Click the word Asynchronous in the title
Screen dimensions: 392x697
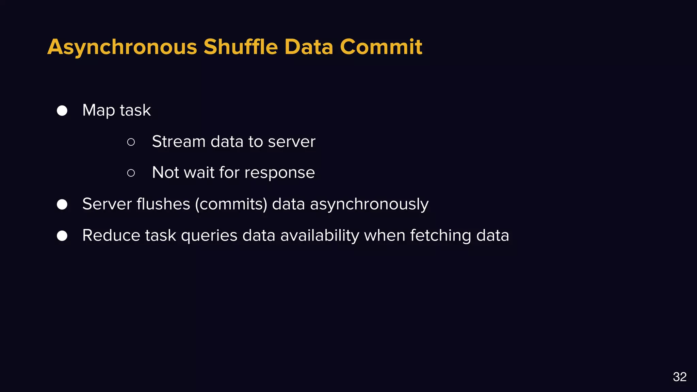(x=122, y=47)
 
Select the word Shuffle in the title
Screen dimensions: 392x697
(x=241, y=47)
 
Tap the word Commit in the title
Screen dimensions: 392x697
(x=381, y=47)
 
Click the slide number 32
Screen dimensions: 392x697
(x=680, y=377)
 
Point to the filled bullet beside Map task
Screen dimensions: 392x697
(x=62, y=111)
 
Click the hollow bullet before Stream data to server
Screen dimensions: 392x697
(x=131, y=142)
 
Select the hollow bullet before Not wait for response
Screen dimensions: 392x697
(x=131, y=173)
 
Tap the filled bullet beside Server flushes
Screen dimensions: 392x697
(x=62, y=205)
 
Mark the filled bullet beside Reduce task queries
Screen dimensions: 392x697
(x=62, y=235)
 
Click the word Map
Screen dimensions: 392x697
(x=99, y=111)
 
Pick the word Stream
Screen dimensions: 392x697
(x=179, y=142)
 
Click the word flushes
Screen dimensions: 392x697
(x=163, y=204)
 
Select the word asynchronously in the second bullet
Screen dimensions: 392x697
(x=369, y=204)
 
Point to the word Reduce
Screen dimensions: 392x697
(x=111, y=235)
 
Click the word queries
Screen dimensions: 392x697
(x=209, y=235)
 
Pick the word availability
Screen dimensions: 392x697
(x=320, y=235)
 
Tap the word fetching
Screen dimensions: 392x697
(x=440, y=235)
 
